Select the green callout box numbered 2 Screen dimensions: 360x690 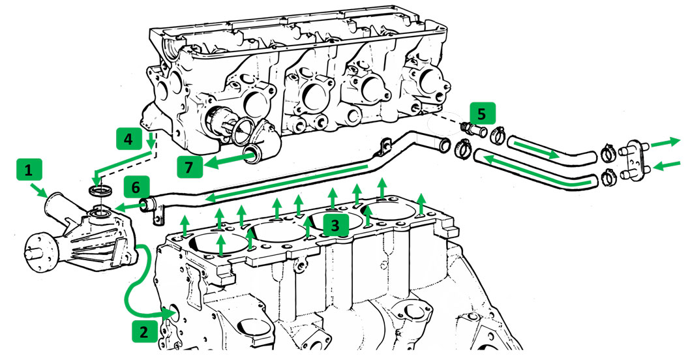tap(143, 331)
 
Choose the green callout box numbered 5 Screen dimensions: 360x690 tap(481, 114)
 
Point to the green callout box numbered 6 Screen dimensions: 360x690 tap(135, 187)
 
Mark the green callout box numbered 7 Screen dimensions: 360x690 tap(189, 167)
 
